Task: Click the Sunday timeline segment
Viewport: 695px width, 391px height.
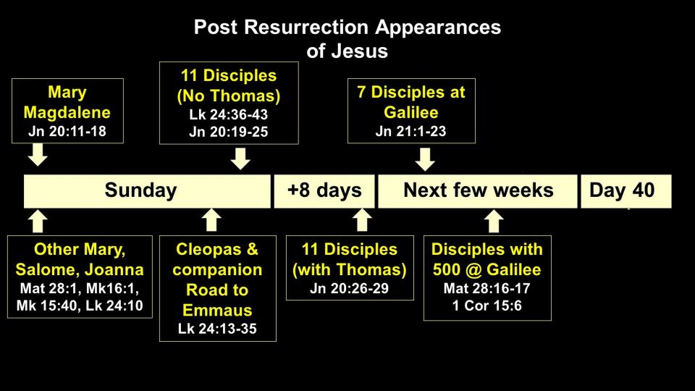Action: click(147, 191)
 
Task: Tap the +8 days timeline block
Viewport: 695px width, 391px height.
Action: click(324, 191)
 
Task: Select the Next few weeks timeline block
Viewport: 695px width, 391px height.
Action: click(478, 191)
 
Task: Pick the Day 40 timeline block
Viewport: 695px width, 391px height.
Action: click(625, 191)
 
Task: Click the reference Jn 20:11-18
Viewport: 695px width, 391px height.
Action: click(67, 131)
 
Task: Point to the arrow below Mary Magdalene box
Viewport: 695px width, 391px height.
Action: click(38, 155)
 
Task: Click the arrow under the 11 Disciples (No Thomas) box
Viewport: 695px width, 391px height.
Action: click(240, 159)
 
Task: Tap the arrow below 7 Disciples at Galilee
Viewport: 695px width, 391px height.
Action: click(425, 159)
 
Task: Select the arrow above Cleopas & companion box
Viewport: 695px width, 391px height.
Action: click(211, 219)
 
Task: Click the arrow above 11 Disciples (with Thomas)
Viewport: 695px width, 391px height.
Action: click(362, 219)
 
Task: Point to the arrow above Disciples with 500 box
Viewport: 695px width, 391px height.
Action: click(493, 220)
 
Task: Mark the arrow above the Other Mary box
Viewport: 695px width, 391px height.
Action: click(38, 220)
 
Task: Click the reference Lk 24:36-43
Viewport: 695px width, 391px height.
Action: click(229, 114)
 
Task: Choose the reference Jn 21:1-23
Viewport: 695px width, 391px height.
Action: click(411, 131)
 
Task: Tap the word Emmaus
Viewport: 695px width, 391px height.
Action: click(217, 310)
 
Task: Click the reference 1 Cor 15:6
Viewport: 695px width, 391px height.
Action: click(487, 306)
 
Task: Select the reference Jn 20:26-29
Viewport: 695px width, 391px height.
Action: click(349, 288)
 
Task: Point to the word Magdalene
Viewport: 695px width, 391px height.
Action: click(67, 113)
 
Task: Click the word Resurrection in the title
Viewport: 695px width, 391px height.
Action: click(307, 27)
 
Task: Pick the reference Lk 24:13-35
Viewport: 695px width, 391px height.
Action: click(217, 329)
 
